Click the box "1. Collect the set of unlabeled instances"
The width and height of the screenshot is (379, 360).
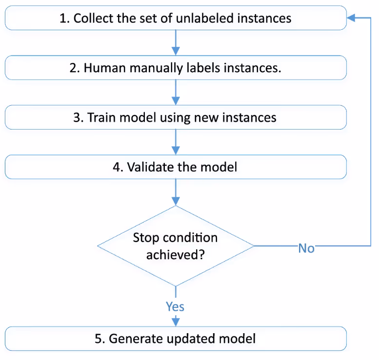(x=176, y=18)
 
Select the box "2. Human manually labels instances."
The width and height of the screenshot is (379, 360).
(x=176, y=68)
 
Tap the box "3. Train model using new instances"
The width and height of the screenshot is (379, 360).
(x=176, y=117)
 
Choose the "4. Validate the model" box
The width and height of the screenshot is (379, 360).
(x=176, y=167)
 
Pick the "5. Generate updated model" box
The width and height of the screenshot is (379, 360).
(x=176, y=339)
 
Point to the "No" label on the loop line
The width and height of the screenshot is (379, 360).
(x=306, y=248)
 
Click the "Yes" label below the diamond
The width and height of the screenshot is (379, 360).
(x=175, y=306)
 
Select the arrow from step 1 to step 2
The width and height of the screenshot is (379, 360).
(x=176, y=43)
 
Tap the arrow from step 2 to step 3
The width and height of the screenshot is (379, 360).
(x=176, y=93)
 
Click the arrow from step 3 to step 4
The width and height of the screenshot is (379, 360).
(x=176, y=142)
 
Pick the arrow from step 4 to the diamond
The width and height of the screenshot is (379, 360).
(x=176, y=192)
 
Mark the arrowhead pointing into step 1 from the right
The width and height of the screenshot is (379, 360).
(x=352, y=18)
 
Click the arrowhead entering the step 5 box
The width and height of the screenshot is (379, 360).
(x=176, y=322)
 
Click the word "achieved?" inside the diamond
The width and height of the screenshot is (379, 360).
(x=175, y=254)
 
